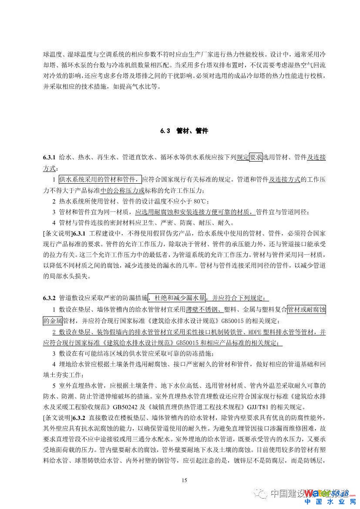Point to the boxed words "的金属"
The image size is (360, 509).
click(53, 321)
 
